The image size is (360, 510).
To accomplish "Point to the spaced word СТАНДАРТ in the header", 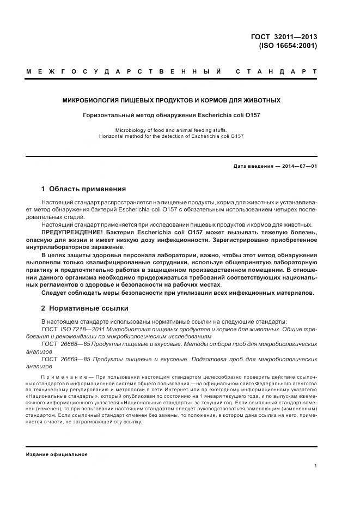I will tap(276, 72).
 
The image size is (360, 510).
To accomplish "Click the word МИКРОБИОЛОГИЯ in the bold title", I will tap(93, 101).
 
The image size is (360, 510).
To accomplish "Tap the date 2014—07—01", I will tap(298, 166).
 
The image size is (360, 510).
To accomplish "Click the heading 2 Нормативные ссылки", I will tap(84, 308).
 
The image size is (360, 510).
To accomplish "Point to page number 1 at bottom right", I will tap(316, 466).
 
